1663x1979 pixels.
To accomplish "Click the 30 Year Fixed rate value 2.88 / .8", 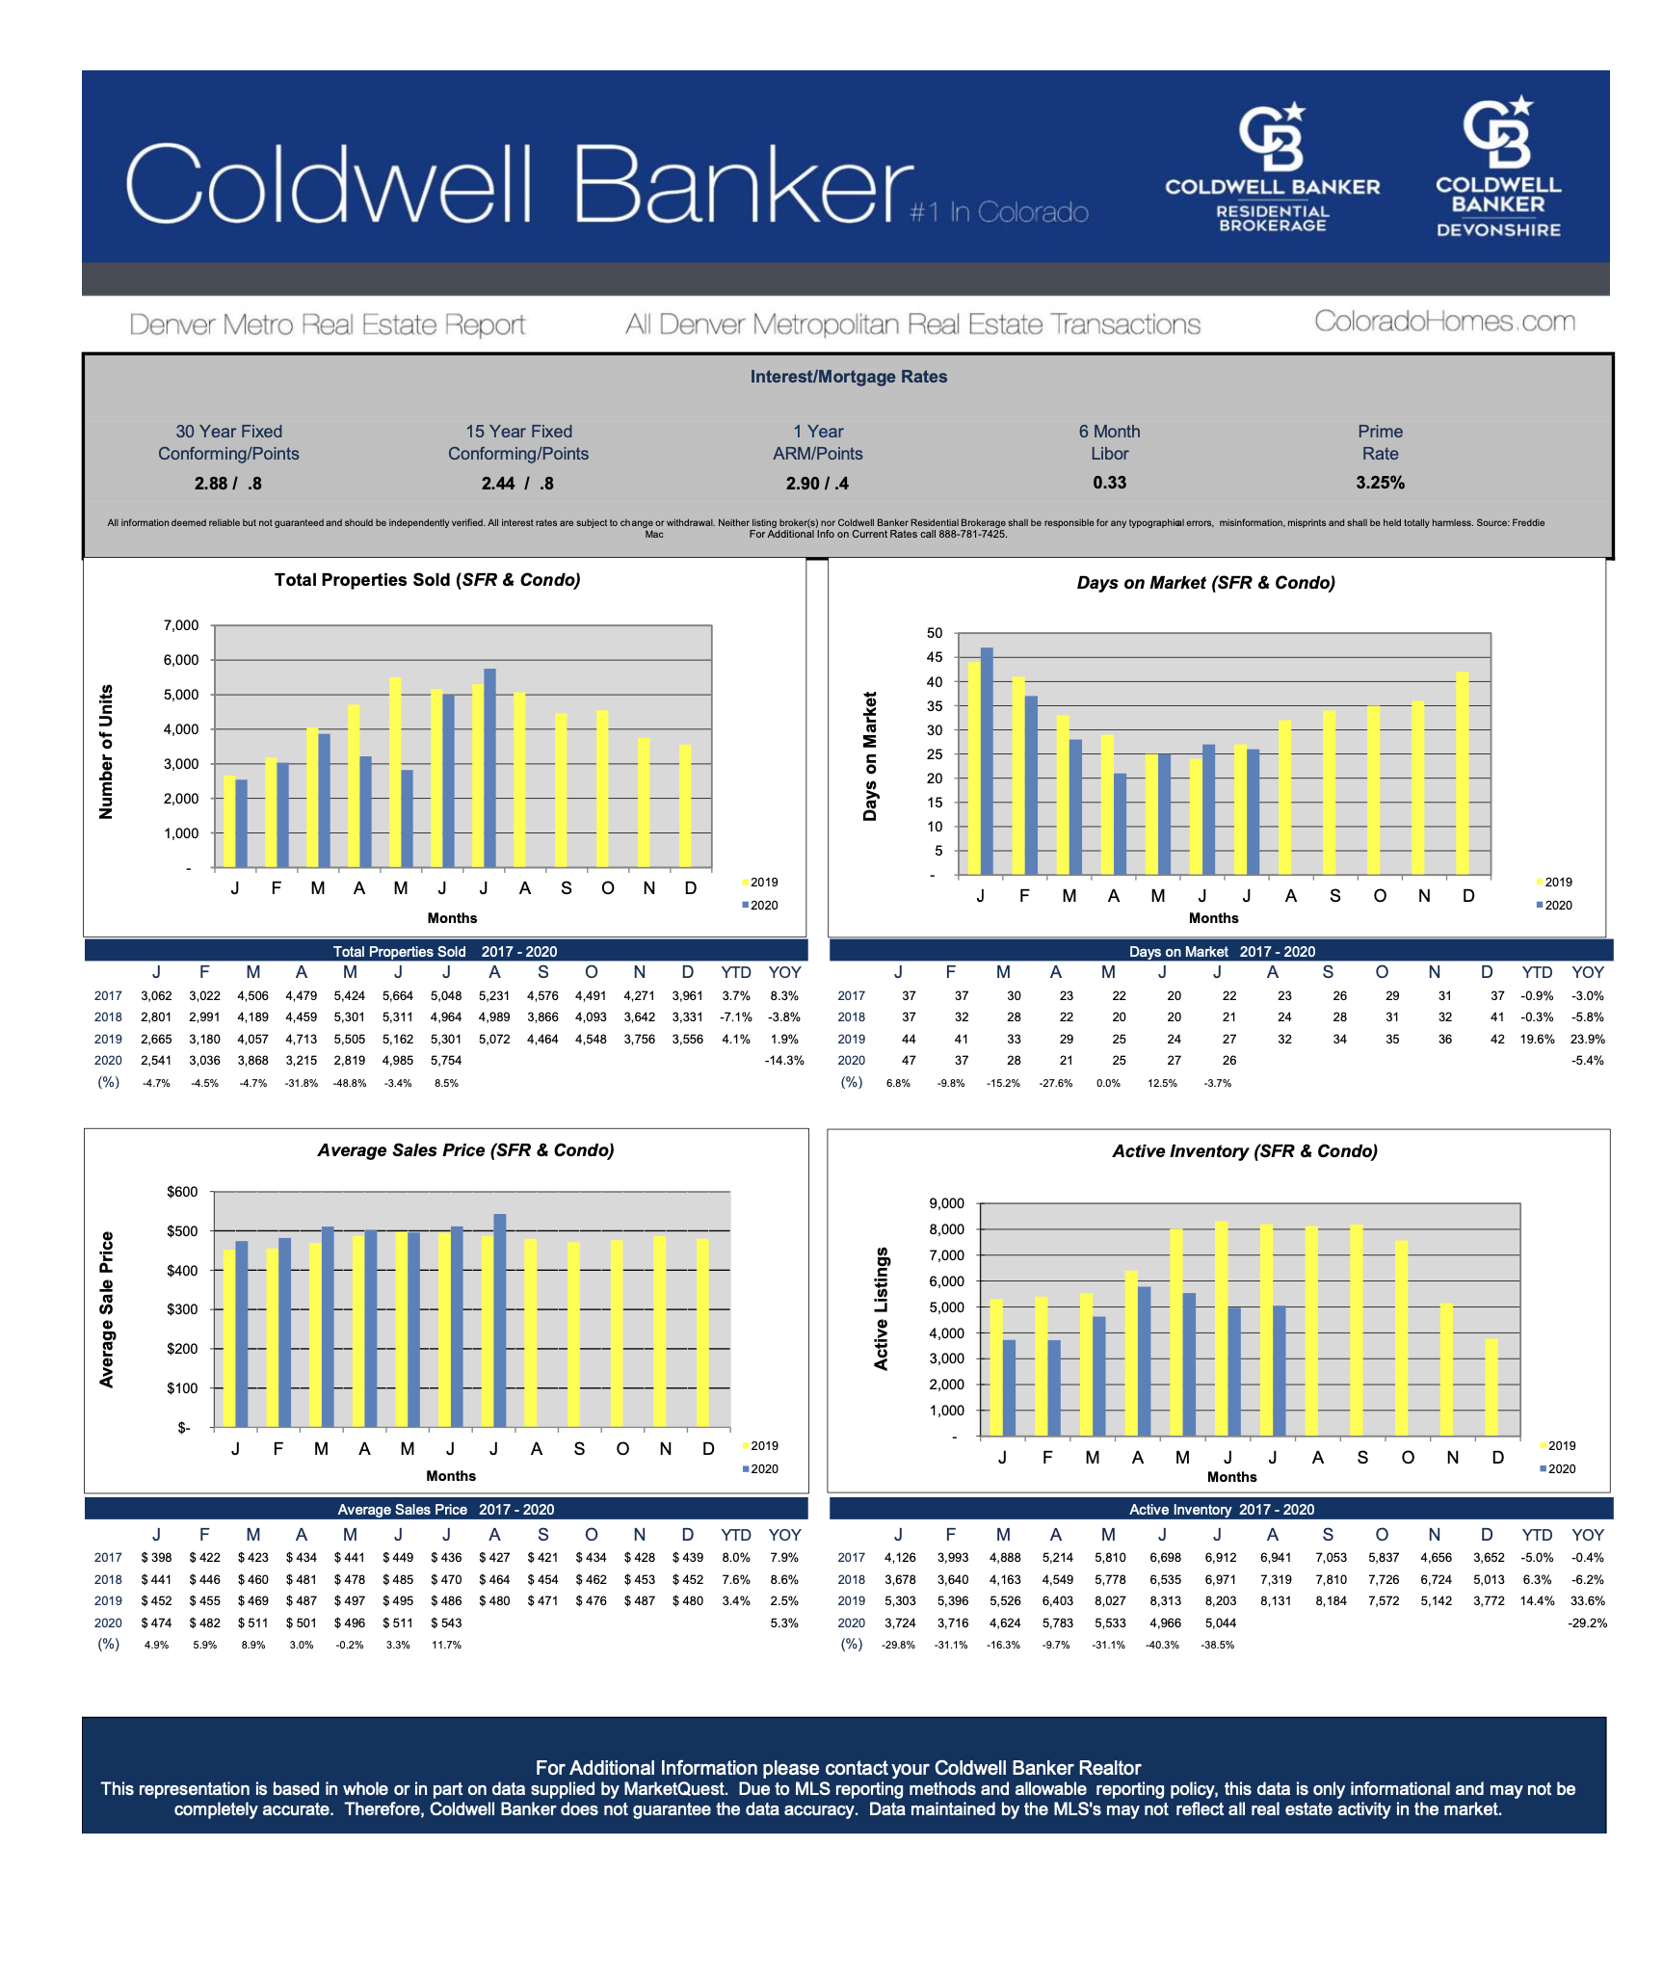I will tap(228, 484).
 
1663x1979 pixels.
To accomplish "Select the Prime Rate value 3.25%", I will tap(1380, 483).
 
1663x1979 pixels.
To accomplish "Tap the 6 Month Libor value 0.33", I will tap(1109, 483).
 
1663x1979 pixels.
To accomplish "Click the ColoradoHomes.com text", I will tap(1444, 322).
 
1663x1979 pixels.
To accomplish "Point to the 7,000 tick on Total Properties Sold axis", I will tap(181, 625).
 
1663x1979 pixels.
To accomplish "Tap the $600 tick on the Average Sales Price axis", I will tap(182, 1192).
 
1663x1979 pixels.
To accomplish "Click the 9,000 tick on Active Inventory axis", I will tap(946, 1203).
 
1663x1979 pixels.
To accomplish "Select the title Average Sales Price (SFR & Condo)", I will tap(465, 1150).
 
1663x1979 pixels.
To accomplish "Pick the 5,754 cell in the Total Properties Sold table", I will tap(446, 1061).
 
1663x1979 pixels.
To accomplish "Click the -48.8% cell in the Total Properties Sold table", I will tap(349, 1083).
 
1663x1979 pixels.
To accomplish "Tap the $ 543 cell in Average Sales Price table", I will tap(446, 1623).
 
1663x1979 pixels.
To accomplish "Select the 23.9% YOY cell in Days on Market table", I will tap(1587, 1040).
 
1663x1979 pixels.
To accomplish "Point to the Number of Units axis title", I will tap(106, 752).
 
